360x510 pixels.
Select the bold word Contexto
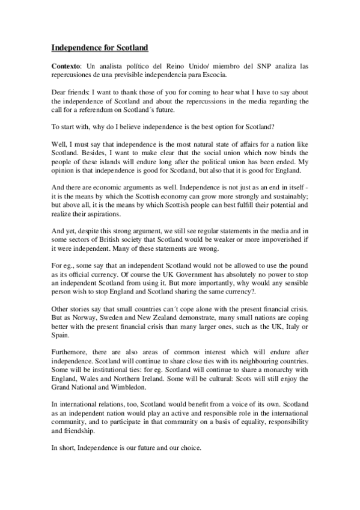click(x=66, y=64)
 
